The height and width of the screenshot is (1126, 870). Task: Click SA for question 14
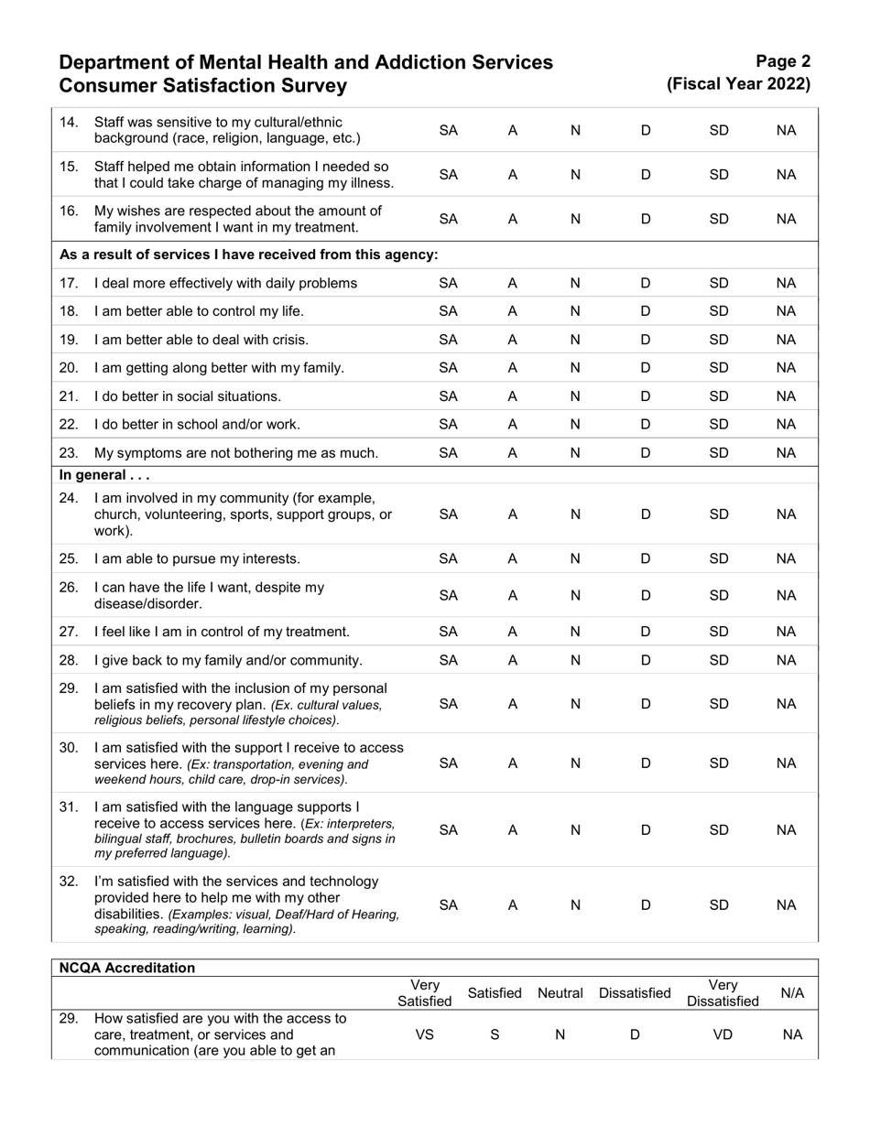point(449,131)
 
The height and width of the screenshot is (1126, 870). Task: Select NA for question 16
point(786,219)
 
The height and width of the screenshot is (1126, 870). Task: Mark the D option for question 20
point(646,368)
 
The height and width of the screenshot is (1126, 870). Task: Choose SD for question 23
point(719,453)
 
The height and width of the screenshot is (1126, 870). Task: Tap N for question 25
point(575,558)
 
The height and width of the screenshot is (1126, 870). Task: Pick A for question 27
point(513,632)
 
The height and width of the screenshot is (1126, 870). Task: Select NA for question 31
point(786,830)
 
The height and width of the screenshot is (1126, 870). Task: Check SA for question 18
point(449,311)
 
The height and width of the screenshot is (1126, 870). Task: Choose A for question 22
point(513,425)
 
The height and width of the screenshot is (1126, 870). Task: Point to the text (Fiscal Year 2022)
point(739,84)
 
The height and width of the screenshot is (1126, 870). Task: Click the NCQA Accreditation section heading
point(127,969)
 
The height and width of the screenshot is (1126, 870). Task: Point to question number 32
point(69,882)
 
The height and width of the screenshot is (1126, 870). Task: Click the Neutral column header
point(560,993)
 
